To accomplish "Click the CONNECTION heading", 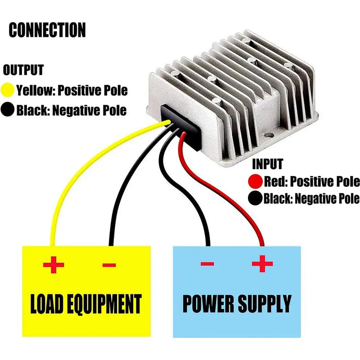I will (x=47, y=30).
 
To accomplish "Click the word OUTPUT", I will (x=23, y=70).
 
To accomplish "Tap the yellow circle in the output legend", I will (x=8, y=90).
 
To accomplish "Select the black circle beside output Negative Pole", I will (x=8, y=110).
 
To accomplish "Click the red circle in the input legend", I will (x=255, y=182).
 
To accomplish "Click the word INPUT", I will (x=267, y=164).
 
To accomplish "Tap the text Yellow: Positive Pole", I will (x=72, y=90).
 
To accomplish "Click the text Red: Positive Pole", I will (x=311, y=182).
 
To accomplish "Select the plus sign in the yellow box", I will (x=54, y=265).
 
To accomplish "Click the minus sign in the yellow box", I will (x=109, y=265).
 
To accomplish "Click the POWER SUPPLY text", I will (x=237, y=304).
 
